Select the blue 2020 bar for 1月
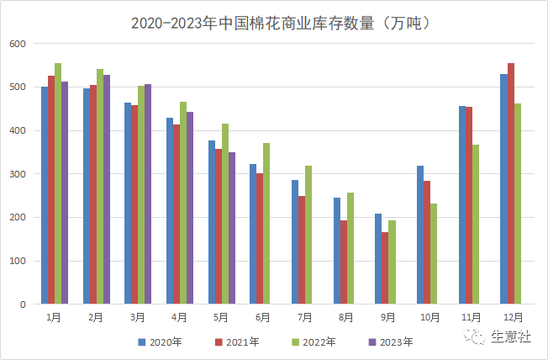click(x=45, y=195)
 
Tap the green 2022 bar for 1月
click(x=58, y=183)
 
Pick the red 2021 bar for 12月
click(x=511, y=183)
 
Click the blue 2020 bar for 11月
click(x=462, y=205)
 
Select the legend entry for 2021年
click(x=235, y=342)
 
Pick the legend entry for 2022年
click(x=313, y=342)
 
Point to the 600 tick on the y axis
click(x=18, y=44)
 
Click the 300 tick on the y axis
click(x=18, y=174)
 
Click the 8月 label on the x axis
click(x=345, y=318)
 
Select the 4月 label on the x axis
click(x=179, y=318)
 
